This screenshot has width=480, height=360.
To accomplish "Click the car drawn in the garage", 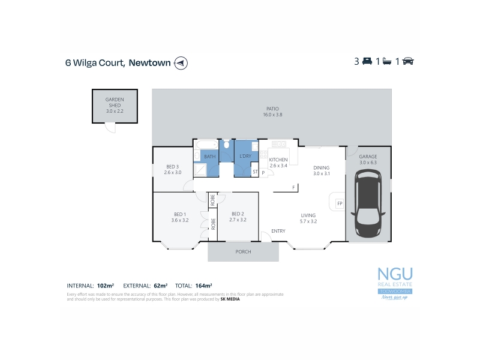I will click(369, 203).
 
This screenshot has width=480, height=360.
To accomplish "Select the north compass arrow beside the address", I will click(180, 62).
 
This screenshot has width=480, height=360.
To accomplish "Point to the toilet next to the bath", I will click(226, 145).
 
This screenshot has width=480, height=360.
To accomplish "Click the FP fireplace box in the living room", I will click(339, 203).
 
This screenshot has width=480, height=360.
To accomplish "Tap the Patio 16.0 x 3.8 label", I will click(273, 111).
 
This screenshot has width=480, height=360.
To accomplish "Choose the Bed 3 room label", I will click(172, 169).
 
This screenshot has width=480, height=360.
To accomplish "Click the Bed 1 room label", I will click(180, 217).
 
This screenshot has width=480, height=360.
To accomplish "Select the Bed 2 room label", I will click(238, 217).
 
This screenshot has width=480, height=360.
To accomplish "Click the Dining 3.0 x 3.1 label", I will click(322, 171).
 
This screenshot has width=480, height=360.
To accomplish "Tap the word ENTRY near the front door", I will click(278, 231).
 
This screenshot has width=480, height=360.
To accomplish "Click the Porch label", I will click(243, 251).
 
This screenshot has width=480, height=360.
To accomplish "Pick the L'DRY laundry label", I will click(245, 157).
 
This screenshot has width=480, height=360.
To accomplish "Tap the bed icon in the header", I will click(367, 62).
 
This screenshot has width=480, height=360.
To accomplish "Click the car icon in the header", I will click(409, 62).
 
